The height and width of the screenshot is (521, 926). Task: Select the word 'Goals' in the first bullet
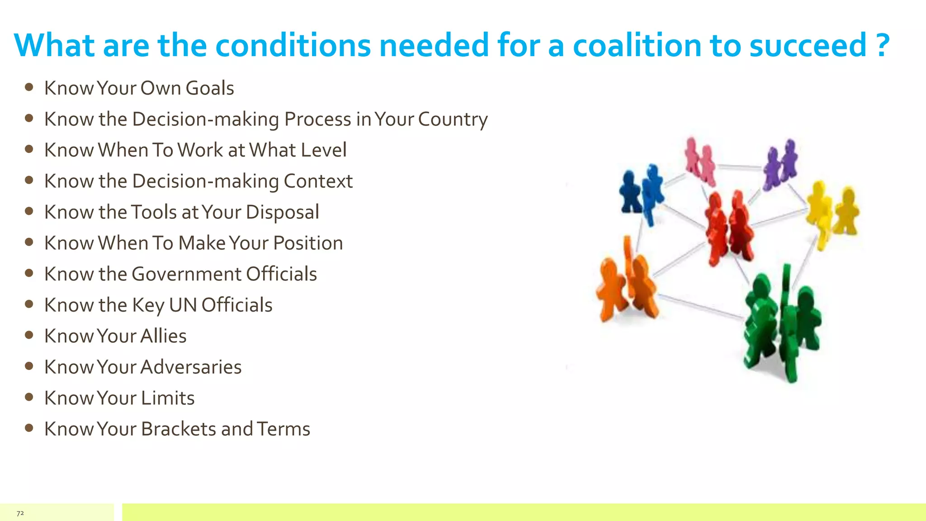(210, 88)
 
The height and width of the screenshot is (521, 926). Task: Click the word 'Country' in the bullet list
(453, 119)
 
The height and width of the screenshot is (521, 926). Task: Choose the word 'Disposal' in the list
(283, 212)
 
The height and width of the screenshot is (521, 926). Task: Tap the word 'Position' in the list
(308, 243)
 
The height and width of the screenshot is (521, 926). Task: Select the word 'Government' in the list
(186, 274)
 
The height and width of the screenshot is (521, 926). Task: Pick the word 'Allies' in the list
(164, 336)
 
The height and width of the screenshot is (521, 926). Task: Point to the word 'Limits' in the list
(168, 398)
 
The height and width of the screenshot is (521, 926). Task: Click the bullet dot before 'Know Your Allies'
(29, 335)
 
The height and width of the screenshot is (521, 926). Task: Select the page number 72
(20, 513)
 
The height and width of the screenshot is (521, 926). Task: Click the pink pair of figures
(700, 161)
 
